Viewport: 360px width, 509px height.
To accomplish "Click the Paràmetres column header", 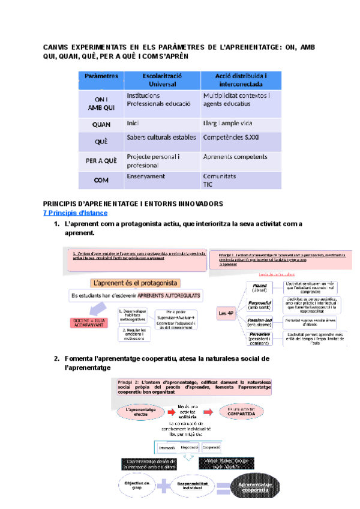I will [x=101, y=76].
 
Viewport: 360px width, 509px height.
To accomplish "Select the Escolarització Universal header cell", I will [x=162, y=80].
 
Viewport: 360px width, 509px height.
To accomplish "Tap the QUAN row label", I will [x=101, y=125].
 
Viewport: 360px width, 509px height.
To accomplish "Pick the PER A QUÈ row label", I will [x=101, y=161].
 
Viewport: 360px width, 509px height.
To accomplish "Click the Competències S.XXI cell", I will [x=231, y=137].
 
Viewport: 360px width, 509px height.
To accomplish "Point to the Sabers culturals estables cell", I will [x=161, y=137].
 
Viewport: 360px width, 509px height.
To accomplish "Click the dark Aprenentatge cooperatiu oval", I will [x=256, y=487].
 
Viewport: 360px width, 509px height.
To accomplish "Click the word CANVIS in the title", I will [x=58, y=47].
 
